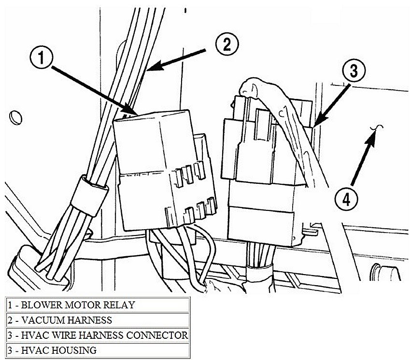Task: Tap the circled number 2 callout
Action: pos(226,44)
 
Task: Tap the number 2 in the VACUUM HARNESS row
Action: pos(10,320)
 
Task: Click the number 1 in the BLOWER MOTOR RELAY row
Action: pos(10,305)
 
